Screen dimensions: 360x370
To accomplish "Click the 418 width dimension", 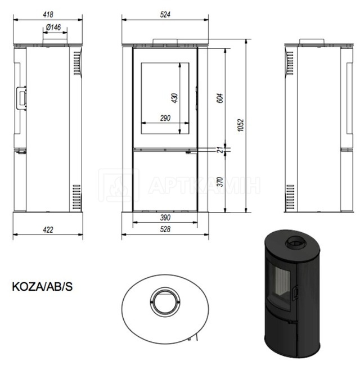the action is (48, 15).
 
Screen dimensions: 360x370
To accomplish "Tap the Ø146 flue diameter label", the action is (53, 28).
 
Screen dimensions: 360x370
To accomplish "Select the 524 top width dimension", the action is (165, 15).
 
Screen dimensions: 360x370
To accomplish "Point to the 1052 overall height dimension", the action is (241, 125).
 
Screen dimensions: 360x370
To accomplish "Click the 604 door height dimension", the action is (219, 98).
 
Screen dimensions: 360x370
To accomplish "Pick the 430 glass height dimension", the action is (174, 98).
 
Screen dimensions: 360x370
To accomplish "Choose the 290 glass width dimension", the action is (165, 118).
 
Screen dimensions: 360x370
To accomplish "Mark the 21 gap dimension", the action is (219, 150).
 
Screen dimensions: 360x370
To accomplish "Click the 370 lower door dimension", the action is (219, 182).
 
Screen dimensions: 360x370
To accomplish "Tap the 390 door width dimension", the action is (165, 218).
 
